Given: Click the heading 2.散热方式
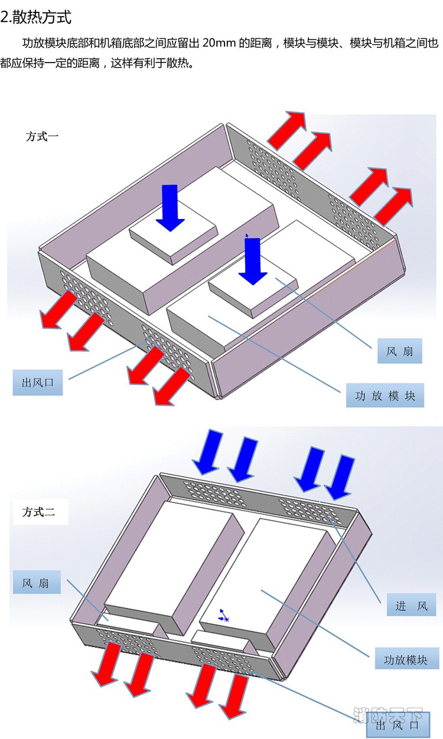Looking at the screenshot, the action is pos(35,17).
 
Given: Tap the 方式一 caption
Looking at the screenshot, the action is pos(42,136).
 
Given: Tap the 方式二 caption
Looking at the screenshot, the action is pos(38,512).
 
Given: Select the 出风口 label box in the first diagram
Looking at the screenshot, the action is pos(38,382).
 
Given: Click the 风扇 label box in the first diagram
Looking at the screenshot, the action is pos(399,351).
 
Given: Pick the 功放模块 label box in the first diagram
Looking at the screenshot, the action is pos(385,395).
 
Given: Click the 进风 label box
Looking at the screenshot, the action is pos(411,605).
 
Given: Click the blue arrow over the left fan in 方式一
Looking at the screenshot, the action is pos(170,208).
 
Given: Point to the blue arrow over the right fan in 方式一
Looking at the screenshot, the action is pos(253,261).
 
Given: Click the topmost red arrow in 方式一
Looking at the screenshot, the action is pos(286,130).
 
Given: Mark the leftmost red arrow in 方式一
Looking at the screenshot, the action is pos(58,310).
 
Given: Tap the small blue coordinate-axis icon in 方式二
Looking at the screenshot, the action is pos(224,615).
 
